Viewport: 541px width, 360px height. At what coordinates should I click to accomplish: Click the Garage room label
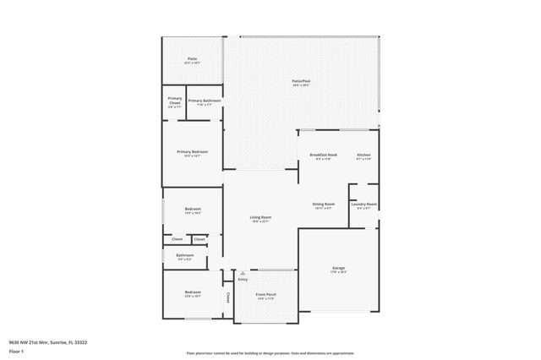click(x=338, y=268)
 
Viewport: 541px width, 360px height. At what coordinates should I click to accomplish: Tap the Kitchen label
click(x=363, y=155)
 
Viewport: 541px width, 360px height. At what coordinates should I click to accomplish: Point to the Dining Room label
click(x=324, y=204)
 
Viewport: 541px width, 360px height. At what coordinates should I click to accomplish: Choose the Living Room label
click(x=260, y=217)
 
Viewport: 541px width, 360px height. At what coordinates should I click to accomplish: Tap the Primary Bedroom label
click(x=192, y=152)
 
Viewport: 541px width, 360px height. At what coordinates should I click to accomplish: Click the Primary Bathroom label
click(x=205, y=101)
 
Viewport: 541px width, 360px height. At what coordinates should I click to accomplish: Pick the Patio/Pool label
click(x=301, y=81)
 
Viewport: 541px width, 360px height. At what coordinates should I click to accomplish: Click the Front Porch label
click(x=266, y=295)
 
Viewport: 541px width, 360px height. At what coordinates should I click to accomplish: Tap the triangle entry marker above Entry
click(x=243, y=273)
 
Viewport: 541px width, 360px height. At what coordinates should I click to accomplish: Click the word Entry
click(x=243, y=280)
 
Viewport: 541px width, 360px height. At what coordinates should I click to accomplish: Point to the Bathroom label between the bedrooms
click(x=184, y=255)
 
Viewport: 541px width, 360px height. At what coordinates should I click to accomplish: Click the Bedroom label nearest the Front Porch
click(x=193, y=292)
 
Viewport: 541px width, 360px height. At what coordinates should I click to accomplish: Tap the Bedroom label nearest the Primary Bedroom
click(x=193, y=209)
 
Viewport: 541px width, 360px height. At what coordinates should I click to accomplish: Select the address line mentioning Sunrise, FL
click(x=49, y=341)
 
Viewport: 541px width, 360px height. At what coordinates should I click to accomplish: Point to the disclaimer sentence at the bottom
click(x=270, y=353)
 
